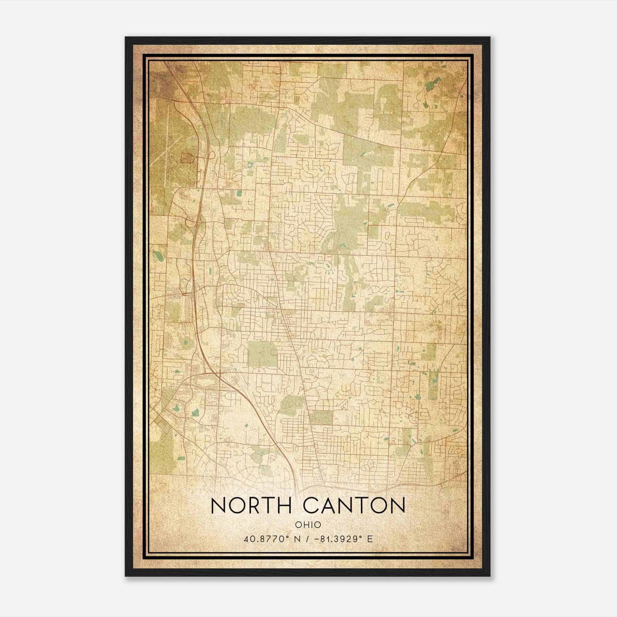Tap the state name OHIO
tap(308, 524)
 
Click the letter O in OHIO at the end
tap(317, 524)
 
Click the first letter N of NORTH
tap(219, 506)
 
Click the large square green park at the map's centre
tap(262, 353)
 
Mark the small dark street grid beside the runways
tap(187, 158)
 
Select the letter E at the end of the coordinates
tap(370, 539)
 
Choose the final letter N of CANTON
tap(397, 506)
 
